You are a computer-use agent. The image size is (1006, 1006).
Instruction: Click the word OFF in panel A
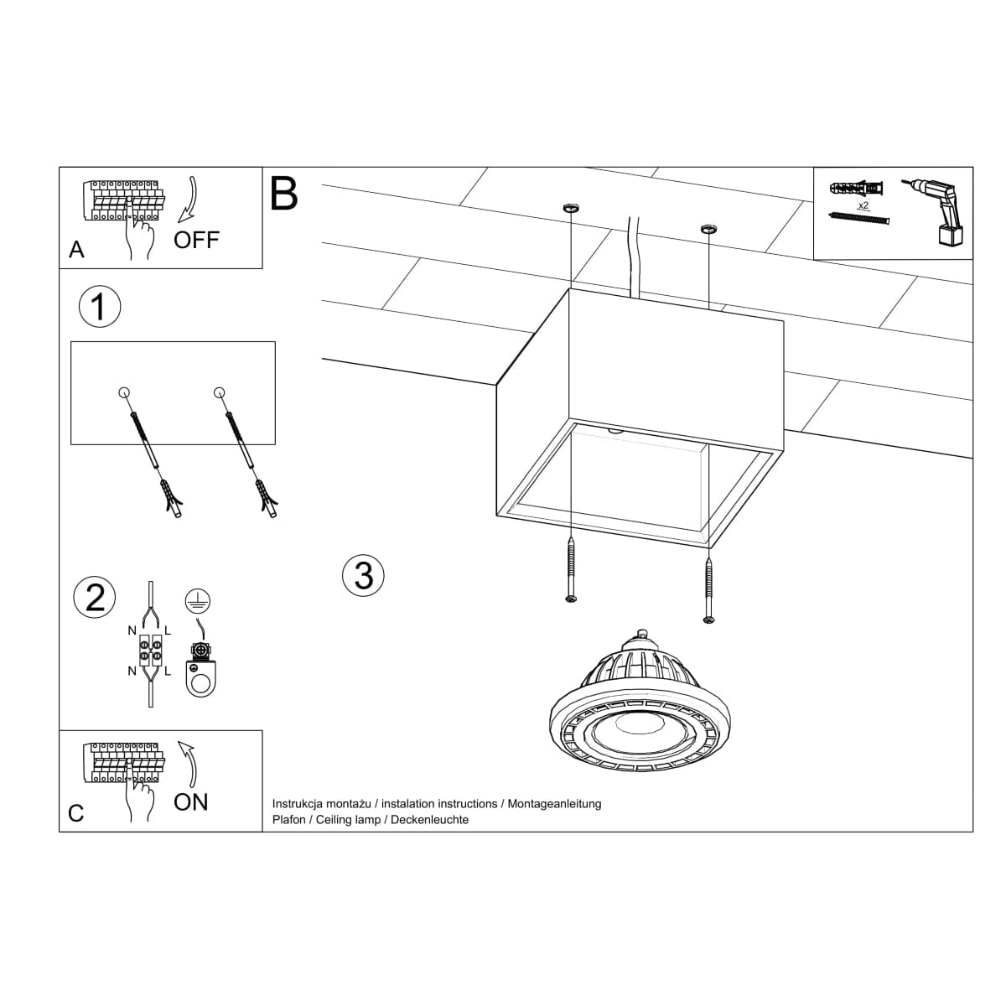click(196, 240)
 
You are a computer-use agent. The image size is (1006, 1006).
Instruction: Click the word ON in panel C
click(190, 802)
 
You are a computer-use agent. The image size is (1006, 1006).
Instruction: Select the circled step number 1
click(99, 307)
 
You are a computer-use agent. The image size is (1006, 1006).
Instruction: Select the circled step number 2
click(96, 598)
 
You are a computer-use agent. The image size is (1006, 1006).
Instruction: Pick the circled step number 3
click(364, 575)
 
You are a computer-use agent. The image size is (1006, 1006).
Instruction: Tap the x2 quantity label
click(863, 205)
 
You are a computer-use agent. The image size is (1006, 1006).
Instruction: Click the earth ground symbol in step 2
click(197, 600)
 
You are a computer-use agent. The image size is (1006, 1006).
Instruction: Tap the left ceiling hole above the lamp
click(570, 206)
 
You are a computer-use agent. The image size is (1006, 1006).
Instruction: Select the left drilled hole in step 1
click(124, 392)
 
